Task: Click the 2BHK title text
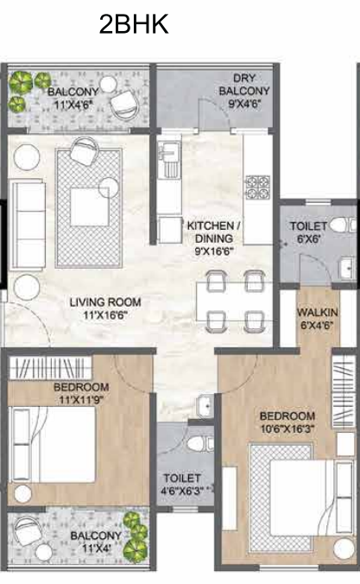tap(134, 24)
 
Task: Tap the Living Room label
tap(104, 302)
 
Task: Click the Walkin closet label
tap(318, 311)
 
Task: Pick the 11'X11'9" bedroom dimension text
tap(80, 400)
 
